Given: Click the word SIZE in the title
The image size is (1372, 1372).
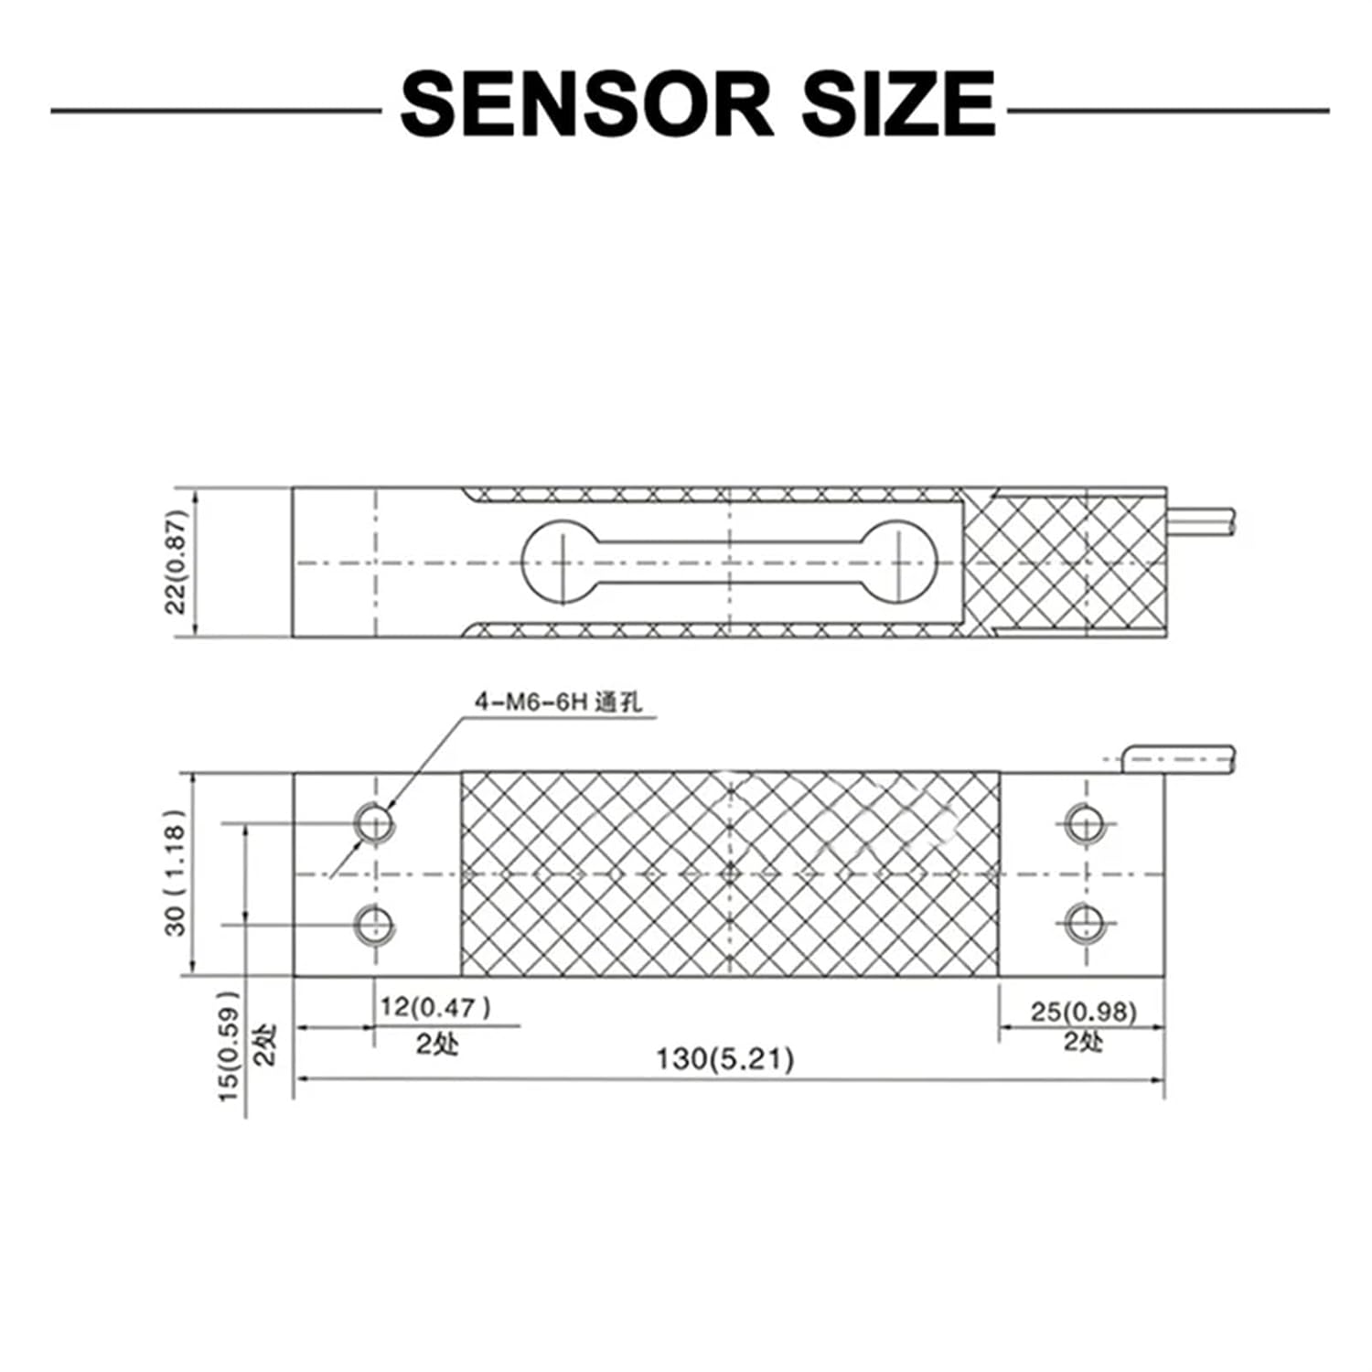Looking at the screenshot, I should (899, 104).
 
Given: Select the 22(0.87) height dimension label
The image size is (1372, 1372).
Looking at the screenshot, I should (177, 562).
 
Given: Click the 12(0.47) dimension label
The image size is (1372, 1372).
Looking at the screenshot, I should (435, 1007).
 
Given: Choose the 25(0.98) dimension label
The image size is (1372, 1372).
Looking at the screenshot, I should (1084, 1012).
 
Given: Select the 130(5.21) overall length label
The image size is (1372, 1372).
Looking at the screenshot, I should (725, 1059).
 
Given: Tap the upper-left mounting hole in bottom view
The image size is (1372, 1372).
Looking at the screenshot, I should (374, 822).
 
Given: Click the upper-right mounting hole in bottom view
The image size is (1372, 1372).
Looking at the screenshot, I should (1085, 823).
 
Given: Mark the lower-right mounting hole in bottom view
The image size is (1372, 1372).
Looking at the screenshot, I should (1085, 923).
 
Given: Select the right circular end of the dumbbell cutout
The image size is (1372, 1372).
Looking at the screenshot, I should (901, 562).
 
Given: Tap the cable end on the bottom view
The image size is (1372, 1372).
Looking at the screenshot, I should (1179, 760).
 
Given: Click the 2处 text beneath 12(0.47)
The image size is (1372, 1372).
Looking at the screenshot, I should (437, 1043).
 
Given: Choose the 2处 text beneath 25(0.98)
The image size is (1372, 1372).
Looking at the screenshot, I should (1084, 1041).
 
